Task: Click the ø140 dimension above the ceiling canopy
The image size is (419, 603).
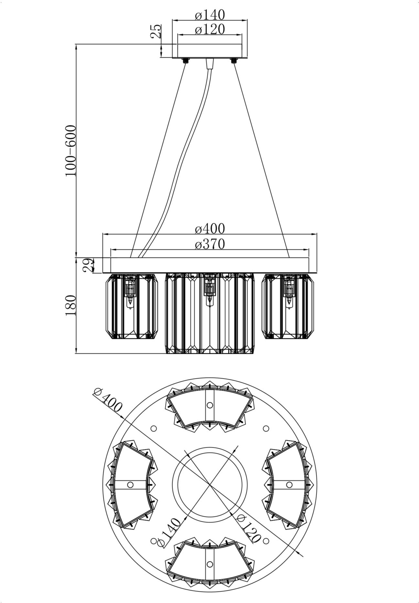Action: (210, 15)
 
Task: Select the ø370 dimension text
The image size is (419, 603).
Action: (210, 244)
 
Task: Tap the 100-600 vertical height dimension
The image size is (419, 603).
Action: (71, 151)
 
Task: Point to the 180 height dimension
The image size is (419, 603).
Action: (71, 305)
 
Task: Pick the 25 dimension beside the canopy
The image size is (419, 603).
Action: (156, 31)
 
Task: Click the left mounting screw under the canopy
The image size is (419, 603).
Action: (186, 61)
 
